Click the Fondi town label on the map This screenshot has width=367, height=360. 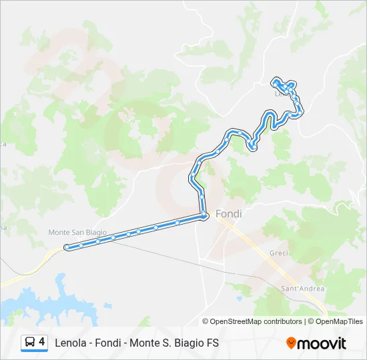229,214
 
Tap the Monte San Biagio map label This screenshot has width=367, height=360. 73,232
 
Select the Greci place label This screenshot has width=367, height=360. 278,253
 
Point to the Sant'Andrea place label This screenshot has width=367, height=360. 302,288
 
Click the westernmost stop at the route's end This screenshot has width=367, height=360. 67,248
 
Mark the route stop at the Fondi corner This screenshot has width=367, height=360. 203,215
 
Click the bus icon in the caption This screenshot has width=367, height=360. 30,343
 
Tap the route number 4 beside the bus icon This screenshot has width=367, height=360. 42,342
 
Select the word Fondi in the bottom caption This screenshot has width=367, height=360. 113,343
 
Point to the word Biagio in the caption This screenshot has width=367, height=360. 194,343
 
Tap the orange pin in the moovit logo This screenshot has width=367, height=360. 291,343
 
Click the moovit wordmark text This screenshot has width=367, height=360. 322,343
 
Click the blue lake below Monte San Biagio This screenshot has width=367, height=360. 40,303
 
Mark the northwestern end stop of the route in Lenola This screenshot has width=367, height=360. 274,82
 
